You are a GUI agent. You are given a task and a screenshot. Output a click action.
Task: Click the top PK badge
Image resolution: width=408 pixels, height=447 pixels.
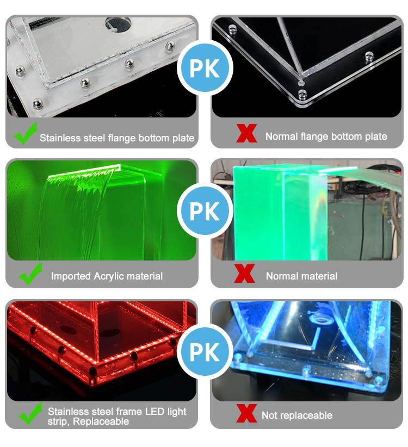(x=205, y=68)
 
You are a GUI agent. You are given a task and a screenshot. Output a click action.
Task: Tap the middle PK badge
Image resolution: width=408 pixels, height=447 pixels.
(x=205, y=210)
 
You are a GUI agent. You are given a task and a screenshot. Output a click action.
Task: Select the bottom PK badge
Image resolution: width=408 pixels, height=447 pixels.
(x=205, y=352)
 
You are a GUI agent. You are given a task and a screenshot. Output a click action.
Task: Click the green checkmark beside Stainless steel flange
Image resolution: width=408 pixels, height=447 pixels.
(x=26, y=133)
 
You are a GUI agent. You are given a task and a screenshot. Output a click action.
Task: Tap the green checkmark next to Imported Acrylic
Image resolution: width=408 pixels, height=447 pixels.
(x=30, y=274)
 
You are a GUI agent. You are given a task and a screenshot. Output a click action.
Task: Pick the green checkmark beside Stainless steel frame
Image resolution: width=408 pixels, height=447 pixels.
(x=30, y=413)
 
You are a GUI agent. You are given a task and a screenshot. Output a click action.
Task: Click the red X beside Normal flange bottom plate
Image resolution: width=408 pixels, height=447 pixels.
(x=246, y=133)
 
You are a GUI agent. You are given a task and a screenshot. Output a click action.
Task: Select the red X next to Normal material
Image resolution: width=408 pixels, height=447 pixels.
(x=244, y=274)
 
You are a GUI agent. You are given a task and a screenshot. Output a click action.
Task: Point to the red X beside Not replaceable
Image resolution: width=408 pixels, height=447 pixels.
(x=246, y=413)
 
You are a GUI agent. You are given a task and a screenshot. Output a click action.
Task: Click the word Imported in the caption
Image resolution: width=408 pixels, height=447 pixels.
(x=71, y=276)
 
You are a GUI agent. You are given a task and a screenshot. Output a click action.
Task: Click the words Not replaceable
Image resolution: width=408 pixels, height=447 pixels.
(x=297, y=415)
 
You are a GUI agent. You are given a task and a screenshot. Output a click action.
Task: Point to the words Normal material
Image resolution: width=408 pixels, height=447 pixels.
(x=302, y=276)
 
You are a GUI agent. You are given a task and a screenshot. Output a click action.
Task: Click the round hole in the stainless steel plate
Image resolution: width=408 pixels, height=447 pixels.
(x=118, y=24)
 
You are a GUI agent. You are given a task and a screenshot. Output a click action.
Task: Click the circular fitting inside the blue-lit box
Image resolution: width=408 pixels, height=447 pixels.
(x=322, y=319)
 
